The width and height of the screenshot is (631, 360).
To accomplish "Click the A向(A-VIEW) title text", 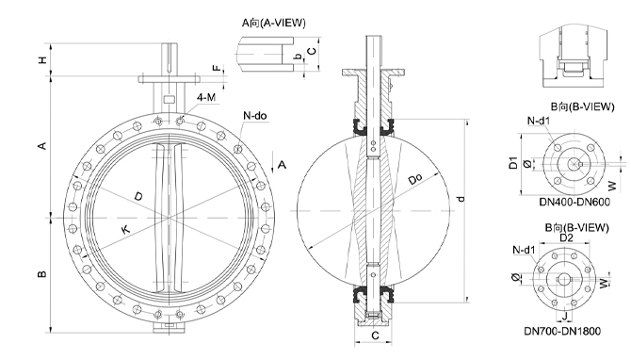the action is click(x=274, y=23).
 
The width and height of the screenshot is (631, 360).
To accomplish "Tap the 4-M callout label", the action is click(x=206, y=97).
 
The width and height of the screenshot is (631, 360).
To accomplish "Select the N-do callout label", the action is click(x=254, y=116).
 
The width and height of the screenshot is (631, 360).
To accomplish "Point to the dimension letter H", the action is click(x=42, y=60).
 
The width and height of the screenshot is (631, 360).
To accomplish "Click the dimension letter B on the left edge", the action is click(x=41, y=274).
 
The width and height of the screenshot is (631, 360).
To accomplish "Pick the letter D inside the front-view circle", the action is click(x=138, y=197).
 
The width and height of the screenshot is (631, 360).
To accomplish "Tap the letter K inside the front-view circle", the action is click(x=125, y=230).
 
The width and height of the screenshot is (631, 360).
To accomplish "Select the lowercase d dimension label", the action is click(x=461, y=199).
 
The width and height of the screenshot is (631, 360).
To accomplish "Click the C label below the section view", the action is click(x=375, y=335).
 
